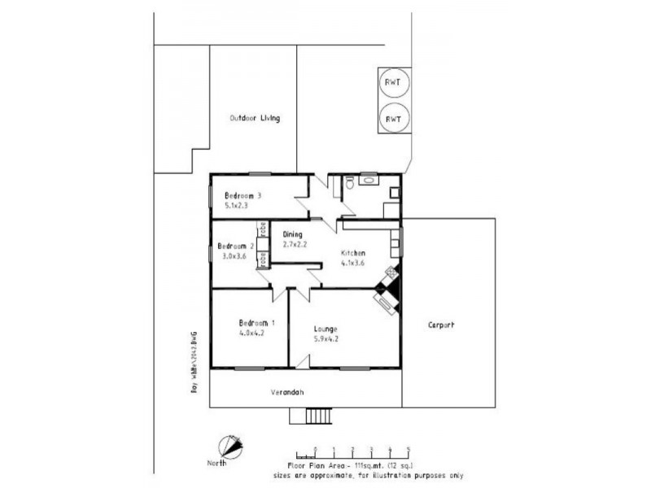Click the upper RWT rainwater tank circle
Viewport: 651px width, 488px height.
[394, 82]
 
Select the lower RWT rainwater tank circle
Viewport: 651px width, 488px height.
[394, 119]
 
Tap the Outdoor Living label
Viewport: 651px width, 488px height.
[254, 119]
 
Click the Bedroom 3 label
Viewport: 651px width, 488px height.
[242, 196]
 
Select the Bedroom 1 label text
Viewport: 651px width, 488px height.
[256, 322]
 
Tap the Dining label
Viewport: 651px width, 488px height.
[293, 234]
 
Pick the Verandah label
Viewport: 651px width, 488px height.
[286, 393]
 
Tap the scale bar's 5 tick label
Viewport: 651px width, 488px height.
[408, 448]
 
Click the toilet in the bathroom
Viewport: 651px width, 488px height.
[348, 185]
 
